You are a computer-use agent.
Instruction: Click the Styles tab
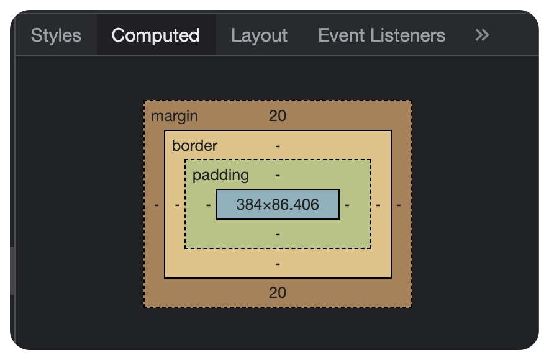(x=56, y=35)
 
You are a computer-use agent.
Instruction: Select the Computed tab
(x=155, y=35)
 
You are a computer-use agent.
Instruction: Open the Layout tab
(x=259, y=35)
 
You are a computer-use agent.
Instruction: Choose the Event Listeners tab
(x=382, y=35)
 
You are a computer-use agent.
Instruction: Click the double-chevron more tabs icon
(x=482, y=35)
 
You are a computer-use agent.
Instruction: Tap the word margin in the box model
(x=175, y=116)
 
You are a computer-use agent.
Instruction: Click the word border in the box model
(x=194, y=145)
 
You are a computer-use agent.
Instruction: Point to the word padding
(x=220, y=175)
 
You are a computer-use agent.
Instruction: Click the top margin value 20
(x=278, y=116)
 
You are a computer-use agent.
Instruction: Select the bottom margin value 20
(x=278, y=293)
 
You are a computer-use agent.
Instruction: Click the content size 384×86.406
(x=278, y=204)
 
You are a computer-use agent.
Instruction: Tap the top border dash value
(x=278, y=146)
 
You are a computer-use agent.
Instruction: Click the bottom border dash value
(x=278, y=264)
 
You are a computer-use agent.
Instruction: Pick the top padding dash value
(x=278, y=175)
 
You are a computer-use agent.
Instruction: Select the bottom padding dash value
(x=278, y=234)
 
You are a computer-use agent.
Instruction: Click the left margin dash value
(x=157, y=205)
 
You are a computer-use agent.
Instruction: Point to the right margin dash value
(x=399, y=205)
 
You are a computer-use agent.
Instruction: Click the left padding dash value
(x=208, y=205)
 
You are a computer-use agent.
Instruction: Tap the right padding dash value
(x=347, y=205)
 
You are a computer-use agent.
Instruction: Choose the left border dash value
(x=177, y=205)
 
